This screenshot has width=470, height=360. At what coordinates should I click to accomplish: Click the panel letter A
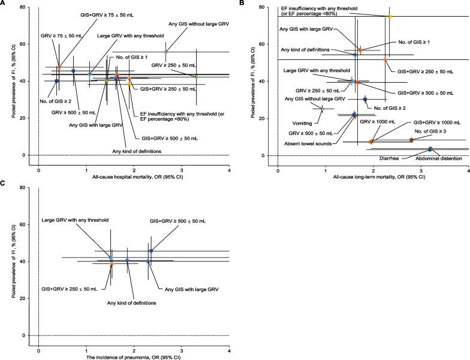[x=4, y=4]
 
